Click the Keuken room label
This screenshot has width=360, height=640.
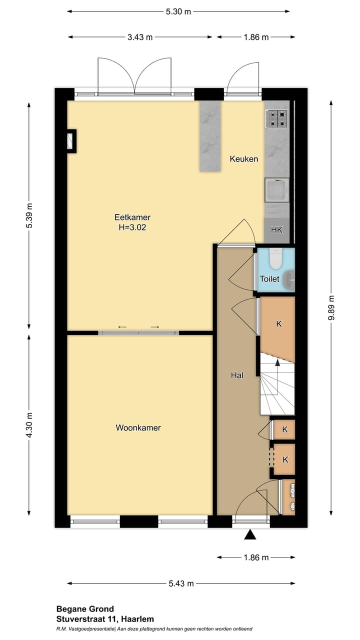(x=244, y=159)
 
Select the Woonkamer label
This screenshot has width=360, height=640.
(x=138, y=427)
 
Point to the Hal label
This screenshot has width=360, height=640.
(x=237, y=375)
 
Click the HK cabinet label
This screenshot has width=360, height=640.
(x=276, y=230)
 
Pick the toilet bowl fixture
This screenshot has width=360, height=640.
(x=275, y=259)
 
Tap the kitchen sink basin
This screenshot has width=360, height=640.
(x=276, y=190)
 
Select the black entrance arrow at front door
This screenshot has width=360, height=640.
(x=250, y=535)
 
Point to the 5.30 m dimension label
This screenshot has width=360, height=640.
(x=178, y=11)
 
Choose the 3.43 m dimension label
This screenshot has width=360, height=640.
(x=140, y=37)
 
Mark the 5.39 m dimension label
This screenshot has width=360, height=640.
(x=29, y=216)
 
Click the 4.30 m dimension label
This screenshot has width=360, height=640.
(x=29, y=425)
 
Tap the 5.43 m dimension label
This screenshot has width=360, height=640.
(x=180, y=583)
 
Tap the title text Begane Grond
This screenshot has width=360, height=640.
(x=85, y=609)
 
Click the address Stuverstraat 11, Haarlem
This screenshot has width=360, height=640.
(x=105, y=619)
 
